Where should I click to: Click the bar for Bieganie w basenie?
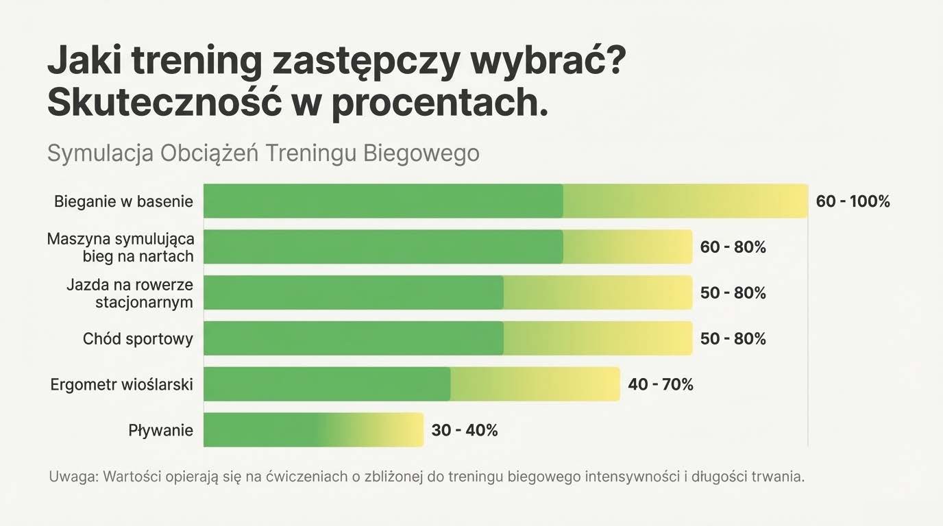(506, 201)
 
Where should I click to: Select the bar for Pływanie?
(313, 430)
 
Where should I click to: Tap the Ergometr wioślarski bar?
(411, 384)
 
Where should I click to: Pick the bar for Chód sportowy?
(448, 338)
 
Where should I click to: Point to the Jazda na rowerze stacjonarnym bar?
(448, 292)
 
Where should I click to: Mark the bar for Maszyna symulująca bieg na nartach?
(448, 247)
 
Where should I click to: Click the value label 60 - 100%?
(853, 201)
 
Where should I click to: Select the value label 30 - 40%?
(464, 431)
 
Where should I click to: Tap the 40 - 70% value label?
(660, 385)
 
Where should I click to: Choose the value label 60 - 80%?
(733, 247)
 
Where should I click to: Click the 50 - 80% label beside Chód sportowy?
(733, 339)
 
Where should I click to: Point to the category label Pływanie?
(160, 431)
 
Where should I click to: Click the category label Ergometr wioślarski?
(121, 385)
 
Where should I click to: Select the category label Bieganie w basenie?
(123, 202)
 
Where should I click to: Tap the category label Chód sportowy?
(138, 339)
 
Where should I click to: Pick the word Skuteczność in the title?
(165, 103)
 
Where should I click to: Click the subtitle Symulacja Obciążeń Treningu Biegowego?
(263, 153)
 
